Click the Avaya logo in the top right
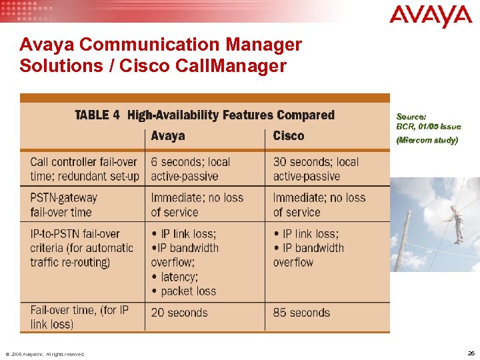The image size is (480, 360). pyautogui.click(x=430, y=16)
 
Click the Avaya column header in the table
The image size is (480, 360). pyautogui.click(x=167, y=136)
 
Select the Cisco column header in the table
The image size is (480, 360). pyautogui.click(x=288, y=136)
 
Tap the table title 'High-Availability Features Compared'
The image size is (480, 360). pyautogui.click(x=231, y=115)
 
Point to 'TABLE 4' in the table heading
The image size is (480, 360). pyautogui.click(x=97, y=115)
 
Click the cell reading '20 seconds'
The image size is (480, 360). pyautogui.click(x=179, y=312)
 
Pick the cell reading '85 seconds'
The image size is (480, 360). pyautogui.click(x=301, y=312)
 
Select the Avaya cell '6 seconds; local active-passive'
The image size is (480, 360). pyautogui.click(x=190, y=169)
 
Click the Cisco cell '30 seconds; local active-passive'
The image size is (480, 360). pyautogui.click(x=315, y=169)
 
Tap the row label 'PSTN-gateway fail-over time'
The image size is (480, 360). pyautogui.click(x=64, y=205)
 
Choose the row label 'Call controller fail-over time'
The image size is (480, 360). pyautogui.click(x=84, y=169)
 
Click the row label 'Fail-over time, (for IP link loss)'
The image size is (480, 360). pyautogui.click(x=79, y=317)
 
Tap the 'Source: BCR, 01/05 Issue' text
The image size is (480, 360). pyautogui.click(x=428, y=121)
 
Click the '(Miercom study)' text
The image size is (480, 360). pyautogui.click(x=427, y=140)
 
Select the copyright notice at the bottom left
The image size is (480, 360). pyautogui.click(x=45, y=354)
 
